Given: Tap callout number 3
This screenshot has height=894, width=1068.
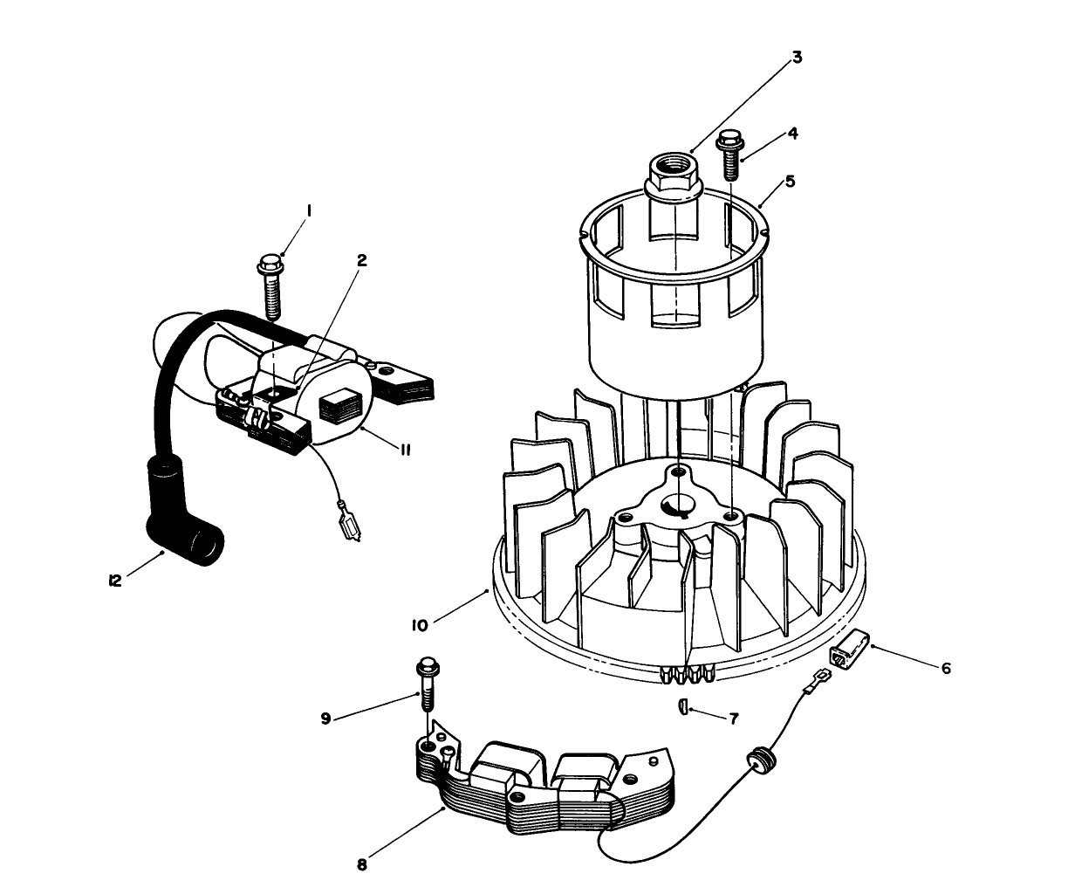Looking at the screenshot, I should pos(797,58).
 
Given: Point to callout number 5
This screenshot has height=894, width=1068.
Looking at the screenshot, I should pos(790,182).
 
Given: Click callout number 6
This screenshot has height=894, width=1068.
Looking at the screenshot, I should pos(945,668).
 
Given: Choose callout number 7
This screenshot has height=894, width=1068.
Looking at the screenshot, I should pos(734,719).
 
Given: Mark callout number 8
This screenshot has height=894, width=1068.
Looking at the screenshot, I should pos(362,865).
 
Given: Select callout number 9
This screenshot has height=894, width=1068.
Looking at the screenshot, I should pos(325,719).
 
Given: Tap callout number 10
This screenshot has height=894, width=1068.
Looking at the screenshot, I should pos(419,626).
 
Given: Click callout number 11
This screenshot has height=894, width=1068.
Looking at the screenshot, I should pos(406,450).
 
